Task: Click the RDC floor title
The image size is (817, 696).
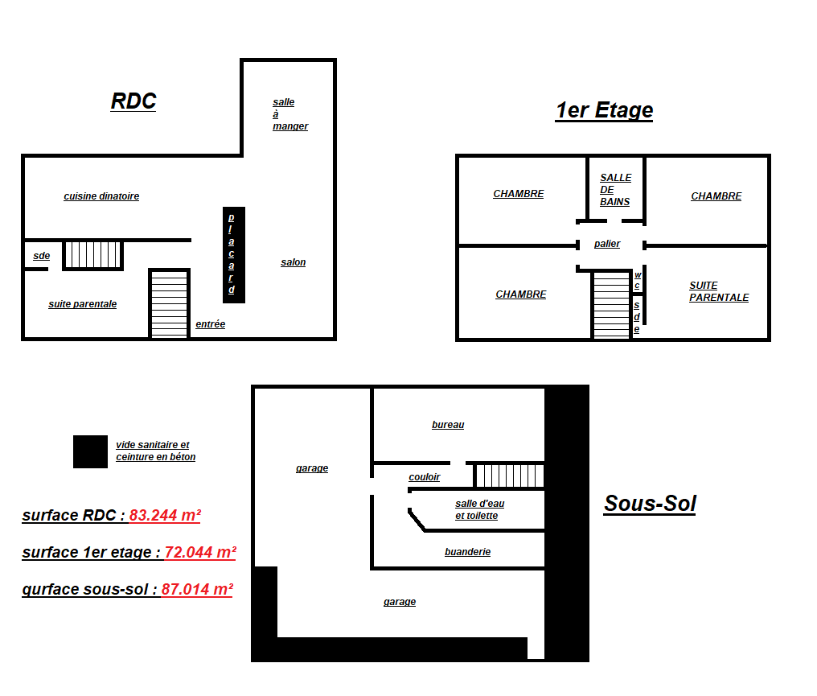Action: [x=133, y=101]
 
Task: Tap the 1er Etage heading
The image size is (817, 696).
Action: [x=604, y=110]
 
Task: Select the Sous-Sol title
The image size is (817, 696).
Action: [x=650, y=504]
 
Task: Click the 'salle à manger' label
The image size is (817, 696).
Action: [x=290, y=114]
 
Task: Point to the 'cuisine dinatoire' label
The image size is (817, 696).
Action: [x=101, y=196]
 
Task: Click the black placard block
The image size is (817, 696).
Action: [x=234, y=255]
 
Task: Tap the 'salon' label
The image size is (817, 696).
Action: [x=294, y=262]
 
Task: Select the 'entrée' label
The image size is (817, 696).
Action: [x=211, y=323]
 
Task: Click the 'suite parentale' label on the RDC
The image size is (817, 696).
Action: [x=82, y=304]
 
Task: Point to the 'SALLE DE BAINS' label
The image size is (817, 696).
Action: [x=615, y=190]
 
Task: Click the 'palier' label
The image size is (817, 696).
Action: [x=607, y=244]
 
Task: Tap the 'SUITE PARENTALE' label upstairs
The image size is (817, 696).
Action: [x=719, y=291]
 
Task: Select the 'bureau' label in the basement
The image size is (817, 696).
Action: [x=448, y=425]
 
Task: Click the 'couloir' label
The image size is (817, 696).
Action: [x=424, y=477]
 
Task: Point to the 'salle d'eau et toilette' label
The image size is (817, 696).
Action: [x=479, y=509]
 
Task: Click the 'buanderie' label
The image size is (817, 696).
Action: [x=467, y=552]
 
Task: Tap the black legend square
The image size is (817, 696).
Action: [x=90, y=451]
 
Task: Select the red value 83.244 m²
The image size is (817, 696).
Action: [x=165, y=515]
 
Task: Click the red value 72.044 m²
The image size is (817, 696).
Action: [x=200, y=552]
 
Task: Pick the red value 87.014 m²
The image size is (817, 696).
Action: [x=197, y=589]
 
